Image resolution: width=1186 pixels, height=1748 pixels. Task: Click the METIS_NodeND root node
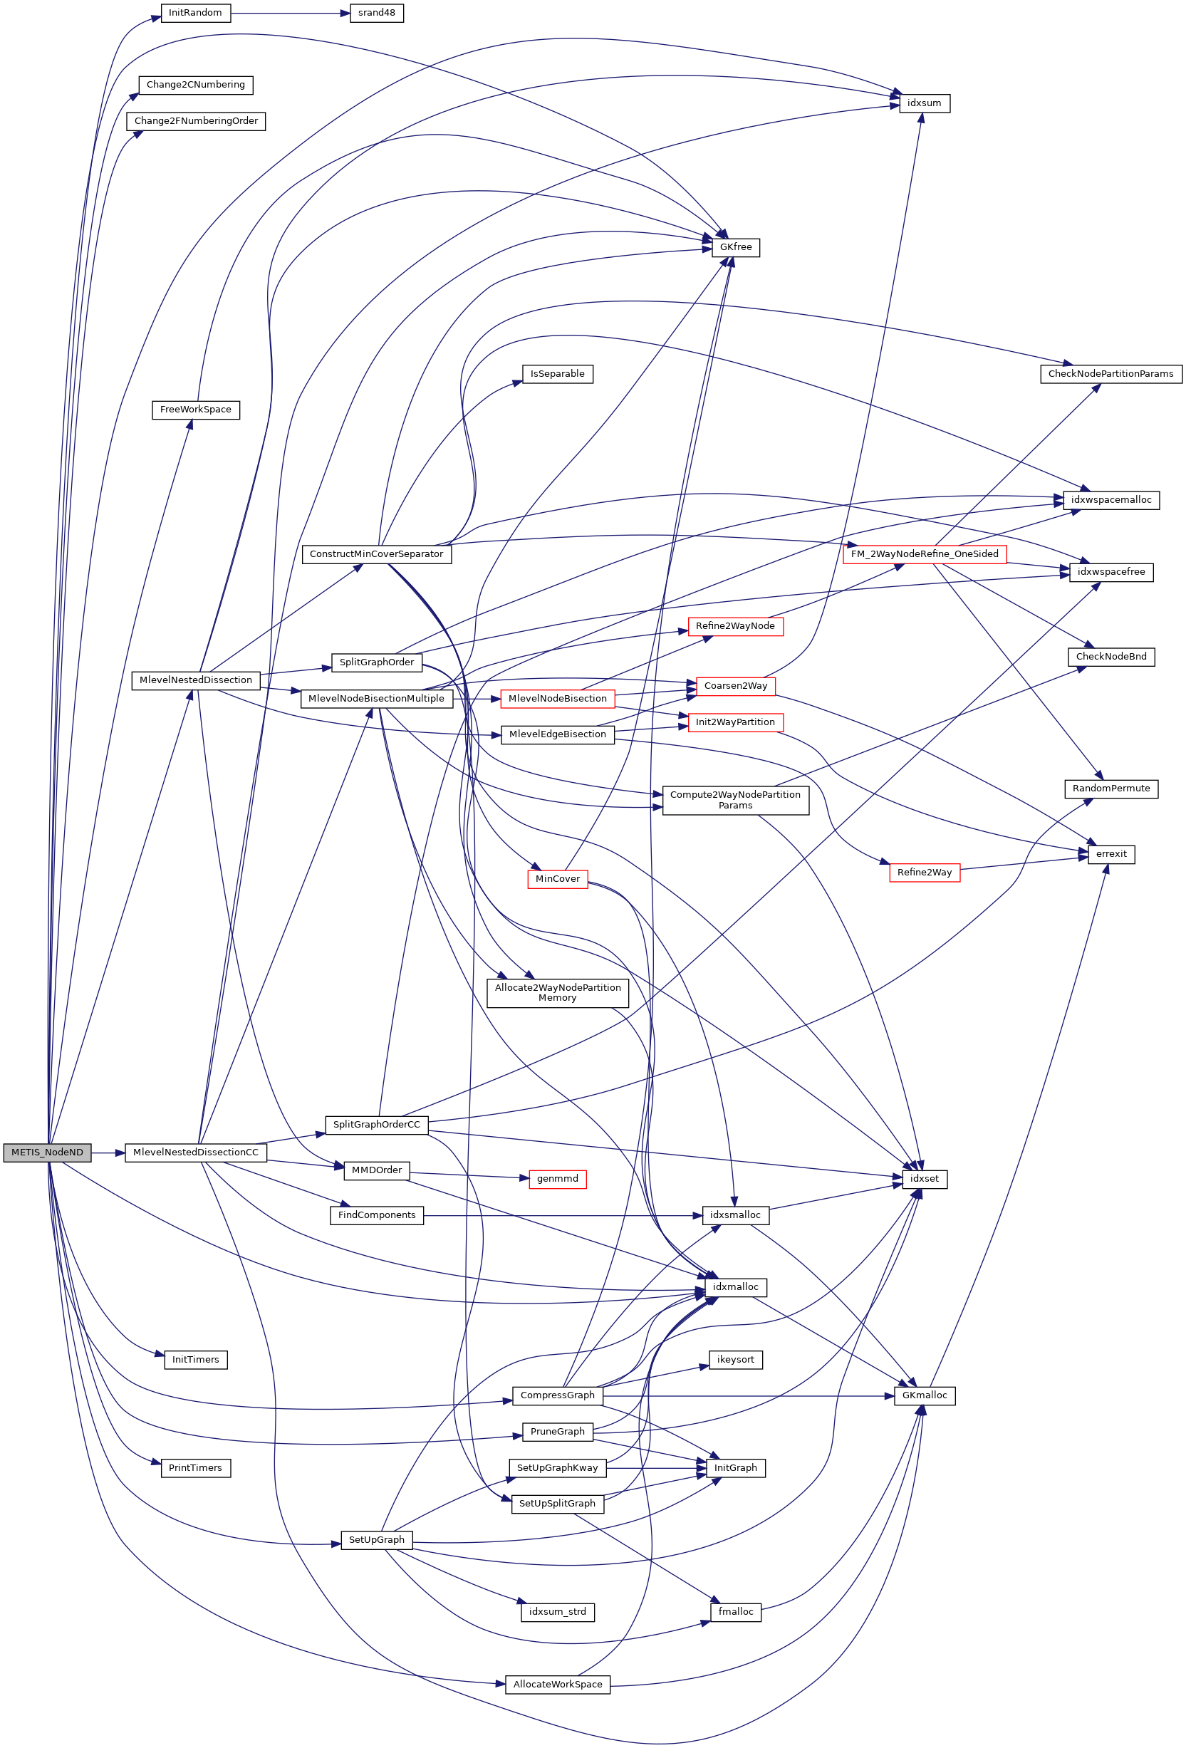point(46,1153)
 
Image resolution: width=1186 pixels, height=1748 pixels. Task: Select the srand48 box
point(376,13)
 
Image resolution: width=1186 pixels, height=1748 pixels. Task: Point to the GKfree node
point(735,247)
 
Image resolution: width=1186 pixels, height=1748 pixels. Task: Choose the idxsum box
point(924,103)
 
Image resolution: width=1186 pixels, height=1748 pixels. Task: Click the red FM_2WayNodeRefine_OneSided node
point(924,554)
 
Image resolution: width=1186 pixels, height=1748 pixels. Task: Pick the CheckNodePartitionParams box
point(1110,374)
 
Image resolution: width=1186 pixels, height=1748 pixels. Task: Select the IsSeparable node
point(557,374)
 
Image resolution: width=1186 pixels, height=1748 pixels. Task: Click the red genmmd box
point(557,1179)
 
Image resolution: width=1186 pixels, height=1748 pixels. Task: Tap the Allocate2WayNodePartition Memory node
point(557,993)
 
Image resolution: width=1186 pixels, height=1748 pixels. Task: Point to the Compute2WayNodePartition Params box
point(735,799)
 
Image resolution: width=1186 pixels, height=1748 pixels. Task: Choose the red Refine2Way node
point(924,873)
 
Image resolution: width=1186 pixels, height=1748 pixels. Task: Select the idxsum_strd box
point(557,1612)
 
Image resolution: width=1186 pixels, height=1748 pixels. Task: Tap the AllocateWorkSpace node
point(557,1685)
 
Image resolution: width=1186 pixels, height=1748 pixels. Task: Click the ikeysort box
point(735,1360)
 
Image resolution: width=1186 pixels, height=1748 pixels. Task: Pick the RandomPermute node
point(1110,789)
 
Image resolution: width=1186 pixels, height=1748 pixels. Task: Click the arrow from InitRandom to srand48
point(289,13)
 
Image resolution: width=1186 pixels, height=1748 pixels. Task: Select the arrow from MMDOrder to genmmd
point(467,1175)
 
